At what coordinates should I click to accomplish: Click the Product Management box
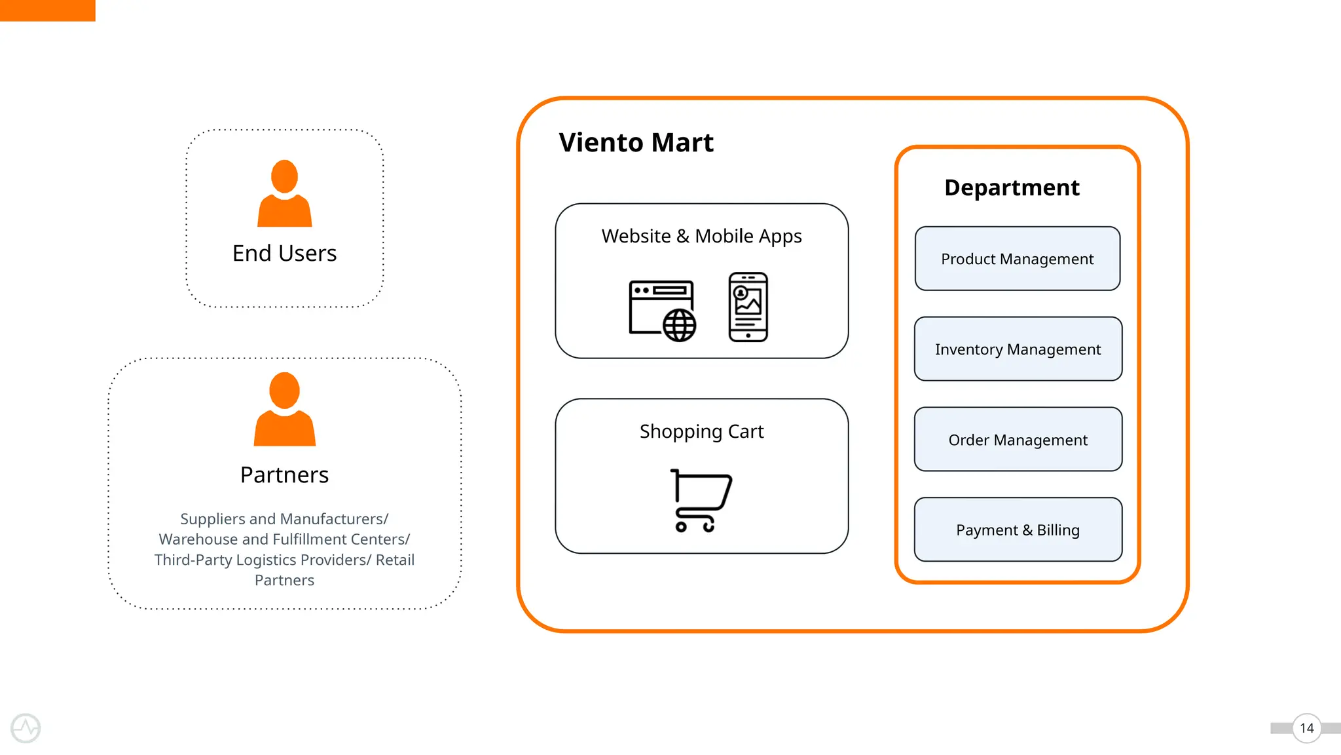1017,259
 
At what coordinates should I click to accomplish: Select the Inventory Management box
1018,349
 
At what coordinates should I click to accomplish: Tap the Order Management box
1018,440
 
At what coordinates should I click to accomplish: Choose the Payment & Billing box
1018,530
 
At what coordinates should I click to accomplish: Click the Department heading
1012,188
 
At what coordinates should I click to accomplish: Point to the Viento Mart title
636,143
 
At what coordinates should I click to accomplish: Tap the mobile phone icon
748,307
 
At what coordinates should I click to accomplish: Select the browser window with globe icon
662,311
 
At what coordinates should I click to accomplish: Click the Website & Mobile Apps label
701,236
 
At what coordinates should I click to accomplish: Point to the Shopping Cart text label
701,431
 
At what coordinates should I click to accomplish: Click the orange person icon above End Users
284,194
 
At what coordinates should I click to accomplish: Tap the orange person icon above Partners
284,410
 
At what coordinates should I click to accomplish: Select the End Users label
284,254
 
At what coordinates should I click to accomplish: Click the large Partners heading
284,475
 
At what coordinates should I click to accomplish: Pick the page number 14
1306,728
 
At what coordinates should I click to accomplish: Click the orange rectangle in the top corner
47,10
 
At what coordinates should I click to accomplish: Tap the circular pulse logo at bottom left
26,728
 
